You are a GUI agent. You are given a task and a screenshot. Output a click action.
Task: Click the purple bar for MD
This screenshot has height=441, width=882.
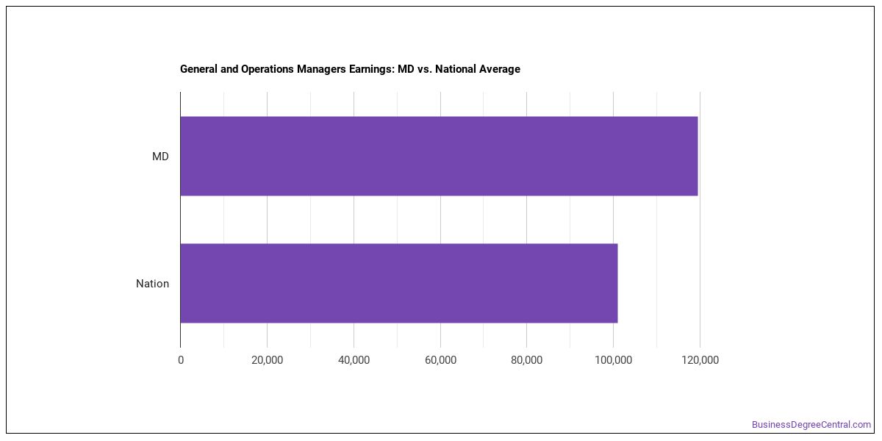[439, 156]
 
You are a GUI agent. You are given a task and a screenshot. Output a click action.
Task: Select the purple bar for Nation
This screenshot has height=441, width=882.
[399, 283]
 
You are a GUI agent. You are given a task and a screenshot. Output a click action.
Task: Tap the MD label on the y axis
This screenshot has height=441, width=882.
[160, 157]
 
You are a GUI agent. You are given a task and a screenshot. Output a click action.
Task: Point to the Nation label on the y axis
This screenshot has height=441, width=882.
[152, 284]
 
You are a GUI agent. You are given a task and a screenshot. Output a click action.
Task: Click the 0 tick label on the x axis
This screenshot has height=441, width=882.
[181, 360]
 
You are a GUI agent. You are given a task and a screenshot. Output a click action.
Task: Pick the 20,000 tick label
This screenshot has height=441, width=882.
[267, 360]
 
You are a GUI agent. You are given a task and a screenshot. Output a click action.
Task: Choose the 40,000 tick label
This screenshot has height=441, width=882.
[354, 360]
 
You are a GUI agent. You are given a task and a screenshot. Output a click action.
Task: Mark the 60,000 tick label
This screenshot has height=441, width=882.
[440, 360]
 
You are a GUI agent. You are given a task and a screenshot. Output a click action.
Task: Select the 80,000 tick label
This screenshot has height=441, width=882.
[526, 360]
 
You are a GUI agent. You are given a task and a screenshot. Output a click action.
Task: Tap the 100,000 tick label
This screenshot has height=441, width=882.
[613, 360]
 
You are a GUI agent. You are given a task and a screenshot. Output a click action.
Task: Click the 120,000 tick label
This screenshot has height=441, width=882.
[700, 360]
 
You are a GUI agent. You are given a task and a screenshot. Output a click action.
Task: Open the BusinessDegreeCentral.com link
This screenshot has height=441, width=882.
[811, 425]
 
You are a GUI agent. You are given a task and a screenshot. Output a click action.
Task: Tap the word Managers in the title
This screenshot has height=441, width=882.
[321, 69]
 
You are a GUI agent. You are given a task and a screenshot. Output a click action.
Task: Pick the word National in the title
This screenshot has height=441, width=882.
[456, 69]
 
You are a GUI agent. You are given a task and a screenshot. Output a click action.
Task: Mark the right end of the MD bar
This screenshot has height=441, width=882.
[698, 156]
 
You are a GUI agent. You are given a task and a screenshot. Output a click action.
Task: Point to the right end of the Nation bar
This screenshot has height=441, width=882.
[617, 283]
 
